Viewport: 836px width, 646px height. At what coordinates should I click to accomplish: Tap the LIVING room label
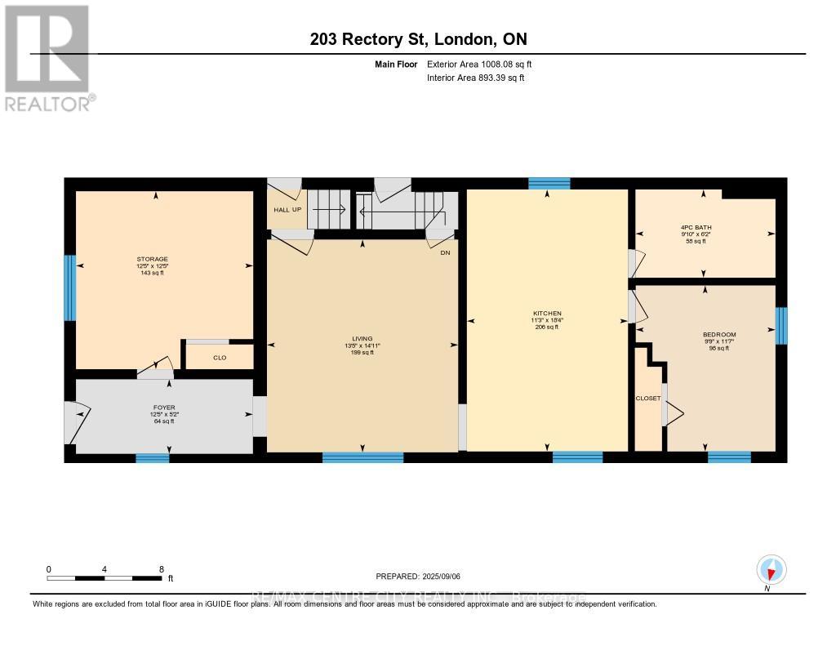pos(362,338)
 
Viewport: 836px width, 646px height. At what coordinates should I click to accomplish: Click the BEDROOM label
pos(719,334)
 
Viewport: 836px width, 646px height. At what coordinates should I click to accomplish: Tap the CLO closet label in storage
pos(220,357)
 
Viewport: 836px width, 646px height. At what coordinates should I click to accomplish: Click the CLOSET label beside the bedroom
pos(648,398)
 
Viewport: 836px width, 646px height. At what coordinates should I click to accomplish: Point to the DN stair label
pos(444,252)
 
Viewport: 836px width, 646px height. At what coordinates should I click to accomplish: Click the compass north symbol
pos(771,569)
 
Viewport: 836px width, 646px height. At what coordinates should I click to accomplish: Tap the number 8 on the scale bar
pos(161,568)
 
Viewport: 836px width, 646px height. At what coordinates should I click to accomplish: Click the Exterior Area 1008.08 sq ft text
pos(480,64)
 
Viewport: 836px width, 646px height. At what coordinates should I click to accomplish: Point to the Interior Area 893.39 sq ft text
pos(476,78)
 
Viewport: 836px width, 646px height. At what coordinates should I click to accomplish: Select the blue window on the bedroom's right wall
pos(781,325)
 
